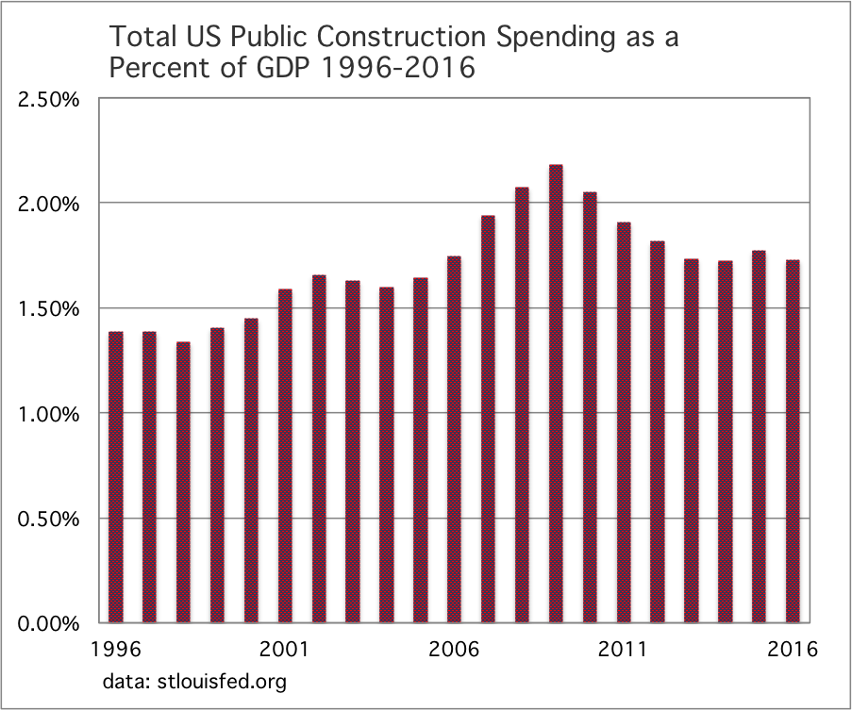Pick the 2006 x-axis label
coord(454,649)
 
